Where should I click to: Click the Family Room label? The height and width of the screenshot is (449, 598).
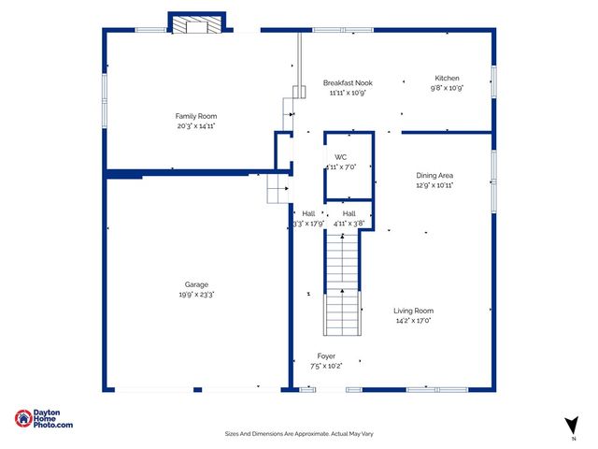(196, 116)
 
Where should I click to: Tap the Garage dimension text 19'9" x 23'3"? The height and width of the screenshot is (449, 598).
(196, 294)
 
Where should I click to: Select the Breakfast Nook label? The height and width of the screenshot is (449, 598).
(349, 82)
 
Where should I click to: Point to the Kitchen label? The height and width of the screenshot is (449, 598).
(447, 78)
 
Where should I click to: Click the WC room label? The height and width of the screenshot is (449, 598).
(341, 156)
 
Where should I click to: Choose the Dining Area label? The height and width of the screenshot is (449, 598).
(434, 175)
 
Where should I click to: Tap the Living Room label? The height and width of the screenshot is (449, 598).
(413, 311)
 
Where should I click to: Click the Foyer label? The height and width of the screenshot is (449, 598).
(326, 355)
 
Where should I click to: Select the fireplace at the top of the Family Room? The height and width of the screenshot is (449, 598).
(197, 23)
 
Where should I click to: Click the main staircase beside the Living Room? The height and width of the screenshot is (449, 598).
(342, 285)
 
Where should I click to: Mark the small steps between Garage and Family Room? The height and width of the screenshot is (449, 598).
(278, 188)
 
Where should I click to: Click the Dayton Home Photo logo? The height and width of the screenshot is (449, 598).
(44, 420)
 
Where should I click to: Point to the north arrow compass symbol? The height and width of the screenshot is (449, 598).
(571, 426)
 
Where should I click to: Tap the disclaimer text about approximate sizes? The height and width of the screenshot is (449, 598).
(299, 434)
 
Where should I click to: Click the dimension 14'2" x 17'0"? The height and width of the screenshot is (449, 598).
(413, 321)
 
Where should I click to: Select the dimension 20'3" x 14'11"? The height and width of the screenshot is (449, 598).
(196, 126)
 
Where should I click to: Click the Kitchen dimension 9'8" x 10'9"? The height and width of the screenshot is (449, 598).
(447, 88)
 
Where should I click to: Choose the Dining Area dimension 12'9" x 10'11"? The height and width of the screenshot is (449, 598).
(434, 185)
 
